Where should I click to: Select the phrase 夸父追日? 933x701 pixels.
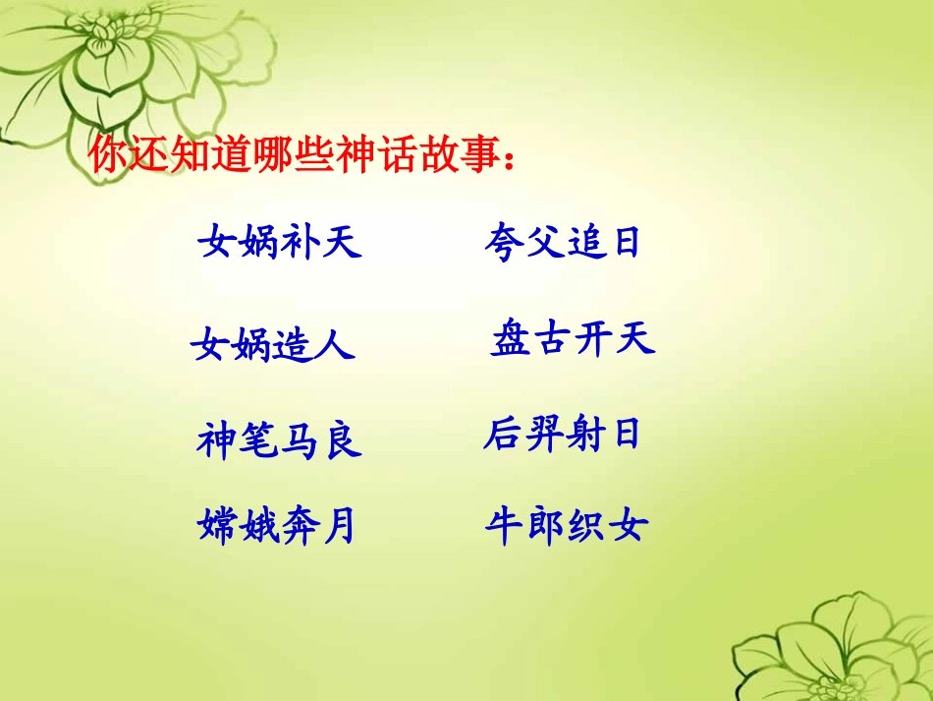point(562,242)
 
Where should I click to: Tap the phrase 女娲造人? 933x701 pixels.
point(273,345)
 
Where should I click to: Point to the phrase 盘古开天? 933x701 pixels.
point(572,340)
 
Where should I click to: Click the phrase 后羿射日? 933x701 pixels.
point(562,434)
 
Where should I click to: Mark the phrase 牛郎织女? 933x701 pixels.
point(567,527)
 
